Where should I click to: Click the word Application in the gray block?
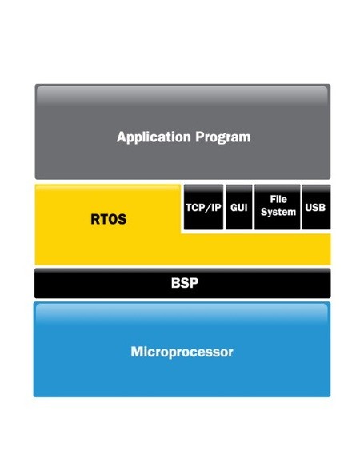tap(154, 137)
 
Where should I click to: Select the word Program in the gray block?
tap(223, 138)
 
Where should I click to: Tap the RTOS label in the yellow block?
tap(109, 219)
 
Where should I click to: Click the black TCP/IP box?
tap(203, 207)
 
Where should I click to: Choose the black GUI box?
tap(239, 207)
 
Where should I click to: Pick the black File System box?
tap(278, 207)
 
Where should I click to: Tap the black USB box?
tap(316, 207)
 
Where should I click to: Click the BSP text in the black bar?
tap(185, 283)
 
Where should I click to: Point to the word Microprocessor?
tap(182, 352)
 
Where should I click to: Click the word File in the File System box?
tap(278, 199)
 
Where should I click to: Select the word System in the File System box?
tap(278, 212)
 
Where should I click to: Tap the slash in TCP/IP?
tap(210, 208)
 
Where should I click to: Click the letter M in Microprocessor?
tap(137, 352)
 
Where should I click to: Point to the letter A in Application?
tap(122, 137)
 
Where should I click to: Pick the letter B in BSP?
tap(175, 283)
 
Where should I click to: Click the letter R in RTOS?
tap(95, 219)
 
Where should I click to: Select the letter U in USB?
tap(309, 208)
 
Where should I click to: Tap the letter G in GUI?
tap(234, 208)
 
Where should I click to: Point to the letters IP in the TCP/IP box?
tap(217, 208)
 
